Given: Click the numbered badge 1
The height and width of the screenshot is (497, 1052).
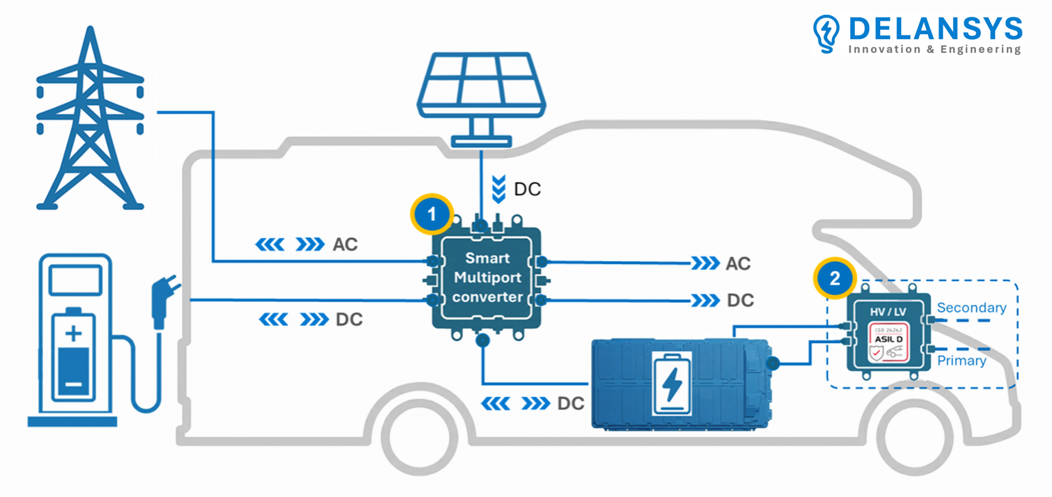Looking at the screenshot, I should tap(431, 214).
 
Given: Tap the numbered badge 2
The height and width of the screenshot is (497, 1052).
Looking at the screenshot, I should tap(835, 278).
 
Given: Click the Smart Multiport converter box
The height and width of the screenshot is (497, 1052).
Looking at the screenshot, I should tap(487, 278).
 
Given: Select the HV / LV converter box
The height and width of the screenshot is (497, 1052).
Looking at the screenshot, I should tap(888, 332).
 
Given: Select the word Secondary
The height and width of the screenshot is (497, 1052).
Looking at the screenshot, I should tap(971, 308).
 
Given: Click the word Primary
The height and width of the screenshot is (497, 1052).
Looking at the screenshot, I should tap(962, 361).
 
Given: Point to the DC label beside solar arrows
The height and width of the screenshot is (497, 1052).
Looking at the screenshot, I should tap(527, 189).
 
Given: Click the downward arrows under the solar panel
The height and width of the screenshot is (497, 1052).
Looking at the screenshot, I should tap(498, 189).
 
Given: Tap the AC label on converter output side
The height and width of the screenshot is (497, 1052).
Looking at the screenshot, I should tap(738, 264).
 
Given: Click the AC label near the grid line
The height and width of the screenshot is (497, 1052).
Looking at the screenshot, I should tap(345, 244).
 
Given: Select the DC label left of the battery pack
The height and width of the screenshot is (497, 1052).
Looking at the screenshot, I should tap(571, 404).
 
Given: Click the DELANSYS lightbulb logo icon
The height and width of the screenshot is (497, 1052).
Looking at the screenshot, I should tap(826, 34).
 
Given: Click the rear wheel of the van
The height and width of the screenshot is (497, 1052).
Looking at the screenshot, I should tap(420, 437).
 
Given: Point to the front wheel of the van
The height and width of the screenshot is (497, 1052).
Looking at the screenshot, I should tap(915, 437).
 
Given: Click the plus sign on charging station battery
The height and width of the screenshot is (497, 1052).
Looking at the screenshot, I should tap(74, 333).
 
